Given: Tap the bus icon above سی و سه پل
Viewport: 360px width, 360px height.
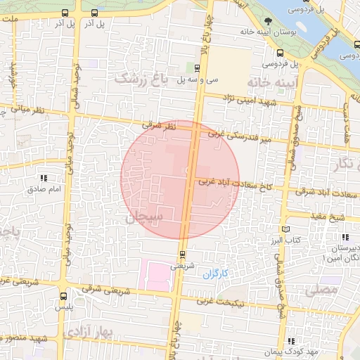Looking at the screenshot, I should [197, 69].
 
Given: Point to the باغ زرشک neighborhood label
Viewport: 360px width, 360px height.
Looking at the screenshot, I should [144, 79].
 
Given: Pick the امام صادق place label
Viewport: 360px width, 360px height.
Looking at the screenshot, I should [45, 189].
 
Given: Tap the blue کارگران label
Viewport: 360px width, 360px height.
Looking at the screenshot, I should [217, 274].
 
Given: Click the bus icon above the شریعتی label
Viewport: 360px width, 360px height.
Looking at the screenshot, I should [182, 254].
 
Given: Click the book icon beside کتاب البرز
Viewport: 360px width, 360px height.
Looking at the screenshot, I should [285, 229].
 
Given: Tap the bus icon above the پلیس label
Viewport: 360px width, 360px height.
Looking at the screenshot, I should [63, 297].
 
